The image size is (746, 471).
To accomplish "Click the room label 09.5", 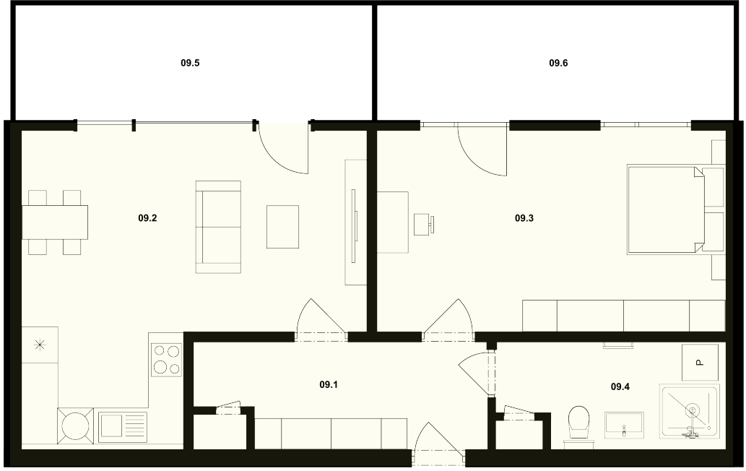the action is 190,63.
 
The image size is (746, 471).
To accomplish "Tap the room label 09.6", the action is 558,63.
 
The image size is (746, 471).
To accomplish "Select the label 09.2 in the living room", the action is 147,218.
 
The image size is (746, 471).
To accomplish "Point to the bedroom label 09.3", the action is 524,218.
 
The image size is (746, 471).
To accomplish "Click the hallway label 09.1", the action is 329,384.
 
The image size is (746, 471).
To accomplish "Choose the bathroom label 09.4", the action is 620,386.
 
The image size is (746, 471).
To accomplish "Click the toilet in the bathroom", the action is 579,425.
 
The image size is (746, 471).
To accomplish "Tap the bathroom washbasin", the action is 624,425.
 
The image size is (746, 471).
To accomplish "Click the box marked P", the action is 700,362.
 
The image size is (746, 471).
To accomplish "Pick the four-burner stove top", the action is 167,360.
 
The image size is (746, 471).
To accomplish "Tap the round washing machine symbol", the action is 76,425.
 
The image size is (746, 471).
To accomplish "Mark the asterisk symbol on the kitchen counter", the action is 40,345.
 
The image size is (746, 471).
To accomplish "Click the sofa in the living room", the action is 218,227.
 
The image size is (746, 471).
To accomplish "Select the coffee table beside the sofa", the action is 282,226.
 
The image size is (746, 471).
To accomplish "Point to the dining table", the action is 55,222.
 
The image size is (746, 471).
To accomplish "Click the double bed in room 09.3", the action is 664,209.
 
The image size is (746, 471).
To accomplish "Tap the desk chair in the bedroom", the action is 423,225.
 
